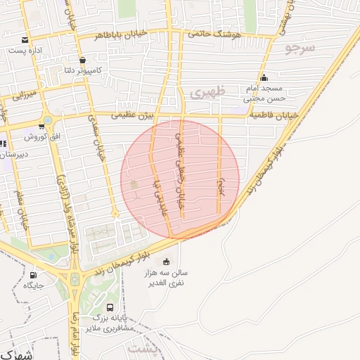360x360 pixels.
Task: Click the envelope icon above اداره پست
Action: point(25,39)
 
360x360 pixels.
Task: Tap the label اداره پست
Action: point(25,51)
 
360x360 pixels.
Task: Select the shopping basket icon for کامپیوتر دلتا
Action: point(83,60)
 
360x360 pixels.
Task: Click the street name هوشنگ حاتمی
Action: point(214,34)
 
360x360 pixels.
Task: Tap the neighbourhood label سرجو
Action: point(301,48)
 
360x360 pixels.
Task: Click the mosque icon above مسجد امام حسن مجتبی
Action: point(264,77)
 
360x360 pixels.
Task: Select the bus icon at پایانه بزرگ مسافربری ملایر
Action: point(110,307)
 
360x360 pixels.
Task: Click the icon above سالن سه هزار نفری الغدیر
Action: point(166,262)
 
